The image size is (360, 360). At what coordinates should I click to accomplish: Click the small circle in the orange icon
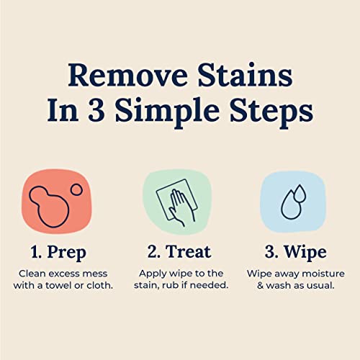(76, 190)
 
